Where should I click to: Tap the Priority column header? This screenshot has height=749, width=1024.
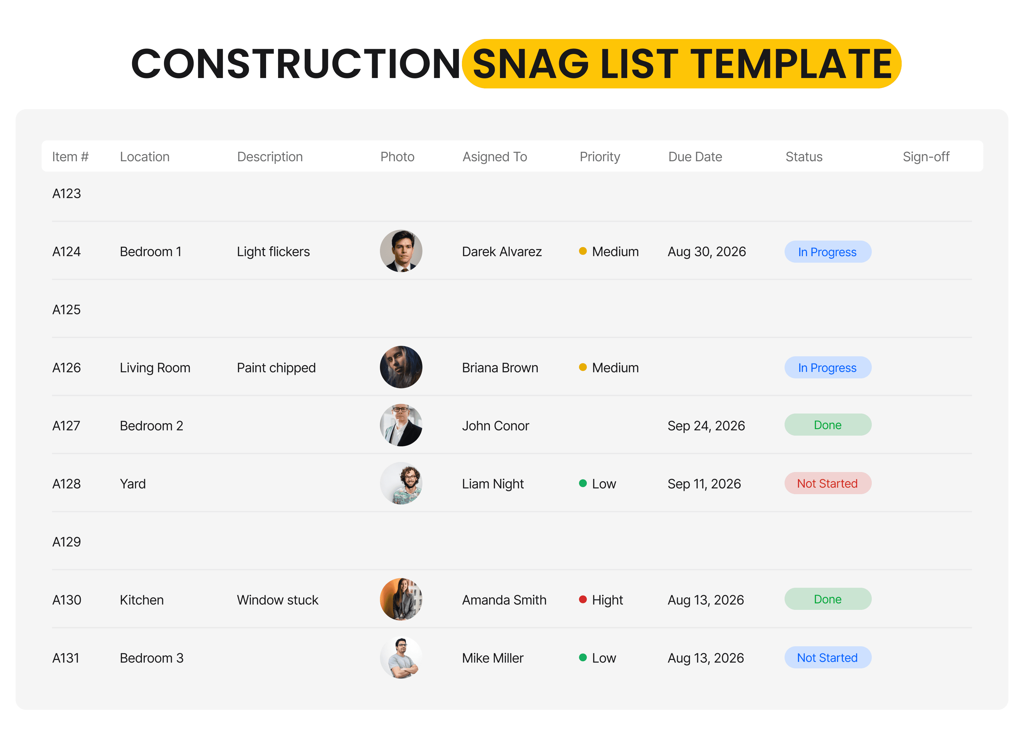(599, 157)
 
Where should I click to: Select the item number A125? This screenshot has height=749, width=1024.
(66, 310)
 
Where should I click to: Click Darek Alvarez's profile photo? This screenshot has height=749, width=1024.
(401, 251)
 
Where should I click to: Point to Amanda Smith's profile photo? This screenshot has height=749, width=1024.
(401, 599)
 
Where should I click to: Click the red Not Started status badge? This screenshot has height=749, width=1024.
(828, 484)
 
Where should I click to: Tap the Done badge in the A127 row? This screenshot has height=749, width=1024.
(828, 425)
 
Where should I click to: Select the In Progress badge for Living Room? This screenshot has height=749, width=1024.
(828, 368)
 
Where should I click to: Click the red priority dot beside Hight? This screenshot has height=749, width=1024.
(583, 599)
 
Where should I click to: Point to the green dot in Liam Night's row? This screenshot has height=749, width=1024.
(583, 483)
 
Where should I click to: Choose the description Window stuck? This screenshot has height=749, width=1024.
(277, 600)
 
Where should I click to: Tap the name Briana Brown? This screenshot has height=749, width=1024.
(500, 368)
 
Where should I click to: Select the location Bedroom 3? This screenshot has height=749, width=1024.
(152, 658)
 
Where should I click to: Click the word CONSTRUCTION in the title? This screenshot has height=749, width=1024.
(296, 64)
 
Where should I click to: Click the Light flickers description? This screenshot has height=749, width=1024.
(273, 252)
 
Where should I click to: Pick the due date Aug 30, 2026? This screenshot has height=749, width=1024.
(707, 252)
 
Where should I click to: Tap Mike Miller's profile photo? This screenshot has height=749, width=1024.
(401, 657)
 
